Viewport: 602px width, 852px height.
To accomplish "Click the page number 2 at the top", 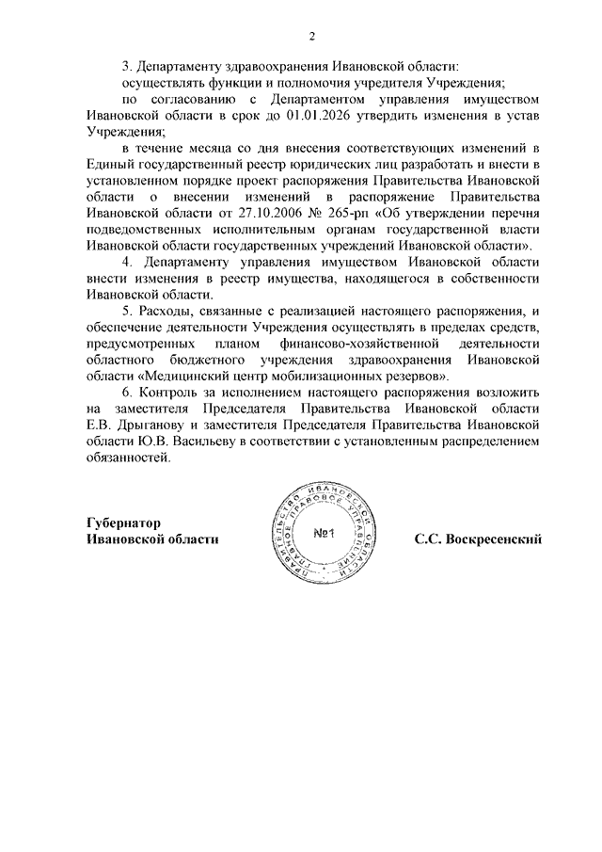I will pos(311,36).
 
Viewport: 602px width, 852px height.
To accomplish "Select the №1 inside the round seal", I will pos(325,534).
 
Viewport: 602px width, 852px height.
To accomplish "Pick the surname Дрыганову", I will pos(139,425).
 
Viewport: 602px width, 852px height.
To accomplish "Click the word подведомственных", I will pos(144,229).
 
